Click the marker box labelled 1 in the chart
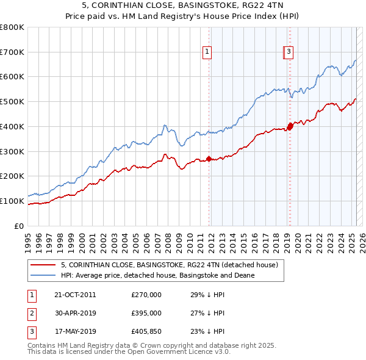pos(207,52)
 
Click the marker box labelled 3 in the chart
pos(288,52)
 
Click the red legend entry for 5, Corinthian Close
pos(170,265)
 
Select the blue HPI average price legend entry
pos(157,276)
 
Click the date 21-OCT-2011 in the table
pos(75,295)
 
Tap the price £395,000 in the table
pos(146,313)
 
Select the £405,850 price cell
pos(146,331)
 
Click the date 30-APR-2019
pos(75,313)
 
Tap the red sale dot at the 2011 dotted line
pos(209,159)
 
